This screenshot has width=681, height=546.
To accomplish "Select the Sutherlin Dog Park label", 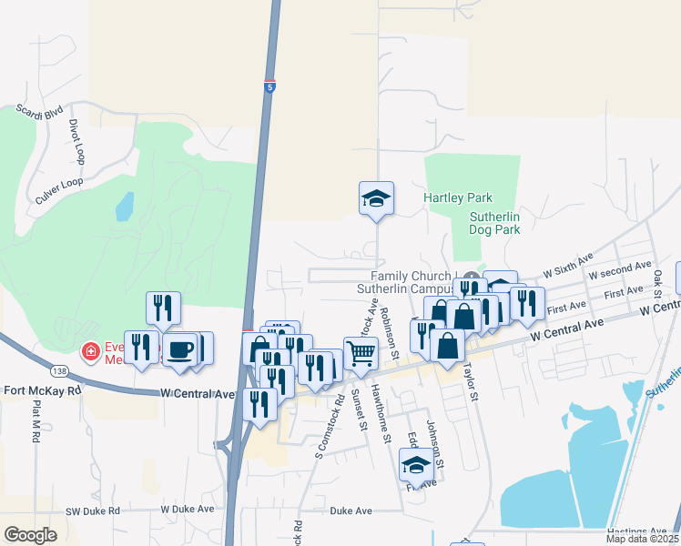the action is [x=493, y=223].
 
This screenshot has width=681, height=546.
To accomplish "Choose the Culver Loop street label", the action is [x=58, y=183].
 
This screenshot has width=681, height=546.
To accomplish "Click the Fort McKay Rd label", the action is [x=42, y=390].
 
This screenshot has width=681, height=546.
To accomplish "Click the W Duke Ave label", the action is [x=188, y=511].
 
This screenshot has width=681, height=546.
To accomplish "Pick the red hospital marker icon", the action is [x=90, y=351].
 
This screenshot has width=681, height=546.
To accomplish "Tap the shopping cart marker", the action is [x=361, y=352].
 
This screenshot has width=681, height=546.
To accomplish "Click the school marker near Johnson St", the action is [x=415, y=466].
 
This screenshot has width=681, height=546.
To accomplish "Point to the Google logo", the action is [x=30, y=534].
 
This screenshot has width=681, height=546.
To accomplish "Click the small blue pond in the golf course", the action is [x=125, y=207].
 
